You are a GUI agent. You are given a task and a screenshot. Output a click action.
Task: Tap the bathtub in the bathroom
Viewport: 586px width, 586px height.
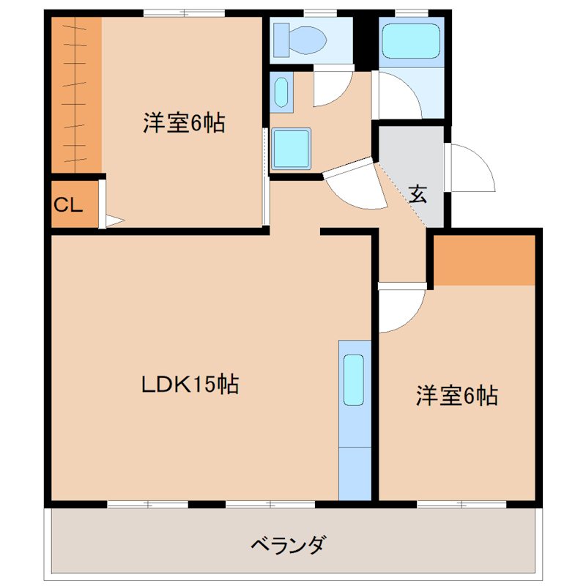[410, 40]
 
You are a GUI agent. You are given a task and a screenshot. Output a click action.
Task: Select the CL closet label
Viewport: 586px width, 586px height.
[67, 206]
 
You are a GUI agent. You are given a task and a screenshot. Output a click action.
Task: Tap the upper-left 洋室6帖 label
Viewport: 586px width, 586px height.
[183, 123]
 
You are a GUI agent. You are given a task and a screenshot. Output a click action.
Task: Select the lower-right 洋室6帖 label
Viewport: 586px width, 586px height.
[457, 396]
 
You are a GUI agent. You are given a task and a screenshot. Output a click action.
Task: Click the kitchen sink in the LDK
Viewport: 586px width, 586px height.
[354, 379]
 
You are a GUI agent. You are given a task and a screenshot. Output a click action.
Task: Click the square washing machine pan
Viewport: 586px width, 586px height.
[292, 149]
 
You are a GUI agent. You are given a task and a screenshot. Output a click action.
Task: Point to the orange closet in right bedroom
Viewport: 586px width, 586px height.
[485, 261]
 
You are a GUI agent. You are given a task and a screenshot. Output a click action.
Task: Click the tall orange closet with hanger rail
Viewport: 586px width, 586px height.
[76, 95]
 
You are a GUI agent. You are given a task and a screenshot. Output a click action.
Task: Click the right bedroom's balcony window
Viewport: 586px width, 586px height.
[461, 504]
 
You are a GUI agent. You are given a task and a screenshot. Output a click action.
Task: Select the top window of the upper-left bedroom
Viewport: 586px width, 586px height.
[183, 12]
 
